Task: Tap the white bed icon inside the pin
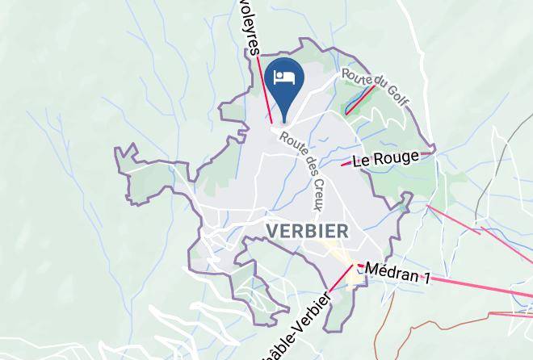(x=283, y=77)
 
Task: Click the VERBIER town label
(x=307, y=231)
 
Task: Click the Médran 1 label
(x=397, y=274)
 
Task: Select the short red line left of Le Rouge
(x=346, y=165)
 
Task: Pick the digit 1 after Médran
(x=425, y=278)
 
